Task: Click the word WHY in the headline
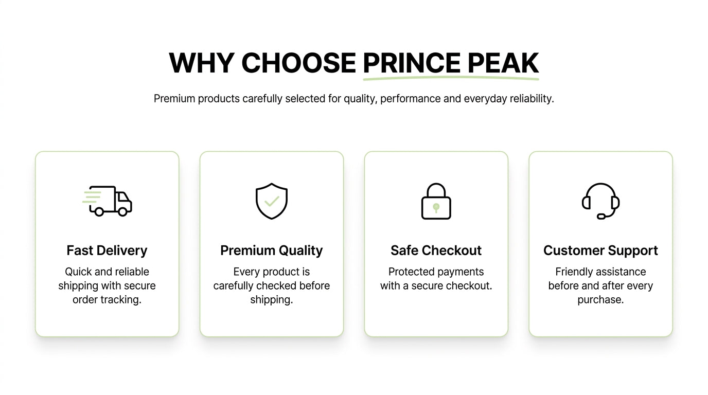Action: pos(202,63)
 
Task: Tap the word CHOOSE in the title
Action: pos(298,63)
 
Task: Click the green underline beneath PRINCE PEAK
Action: pos(451,78)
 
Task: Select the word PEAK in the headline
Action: pos(503,63)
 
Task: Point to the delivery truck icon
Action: pos(108,201)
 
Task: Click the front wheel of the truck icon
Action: pos(122,212)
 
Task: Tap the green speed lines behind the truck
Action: pos(92,196)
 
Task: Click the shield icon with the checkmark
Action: pos(272,201)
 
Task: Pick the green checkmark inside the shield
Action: pos(272,201)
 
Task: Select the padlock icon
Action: pos(436,201)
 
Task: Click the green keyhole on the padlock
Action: pos(436,208)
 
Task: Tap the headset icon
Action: pos(600,201)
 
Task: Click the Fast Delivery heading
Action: pos(107,250)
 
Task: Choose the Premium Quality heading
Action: pos(272,250)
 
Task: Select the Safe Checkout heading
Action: pos(436,250)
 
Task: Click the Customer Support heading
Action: pos(600,250)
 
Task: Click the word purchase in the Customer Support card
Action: pos(600,300)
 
